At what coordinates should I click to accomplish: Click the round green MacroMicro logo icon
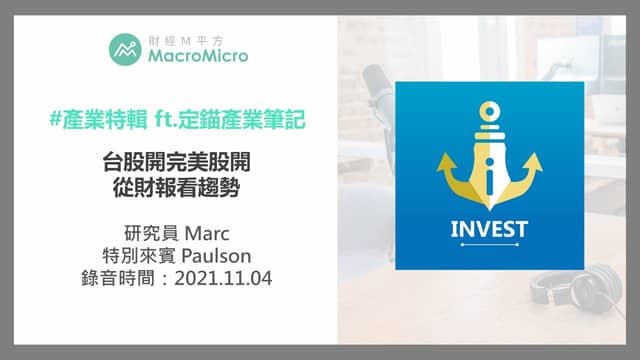coord(125,49)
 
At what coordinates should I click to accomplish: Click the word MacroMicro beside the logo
coord(198,56)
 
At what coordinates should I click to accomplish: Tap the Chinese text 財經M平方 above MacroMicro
coord(186,40)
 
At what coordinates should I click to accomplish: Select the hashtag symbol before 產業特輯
coord(55,119)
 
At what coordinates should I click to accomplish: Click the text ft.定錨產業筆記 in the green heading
coord(230,119)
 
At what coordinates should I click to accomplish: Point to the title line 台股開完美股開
coord(176,162)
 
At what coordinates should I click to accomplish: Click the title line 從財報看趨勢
coord(176,188)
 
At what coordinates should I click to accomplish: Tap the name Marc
coord(207,234)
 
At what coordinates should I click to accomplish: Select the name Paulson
coord(216,256)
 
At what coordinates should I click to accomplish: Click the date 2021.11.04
coord(223,278)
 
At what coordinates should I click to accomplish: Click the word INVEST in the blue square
coord(489,229)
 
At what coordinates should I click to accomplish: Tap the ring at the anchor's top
coord(489,111)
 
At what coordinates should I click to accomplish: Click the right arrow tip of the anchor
coord(536,154)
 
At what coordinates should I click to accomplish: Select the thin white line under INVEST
coord(490,244)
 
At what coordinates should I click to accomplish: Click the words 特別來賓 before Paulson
coord(139,256)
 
